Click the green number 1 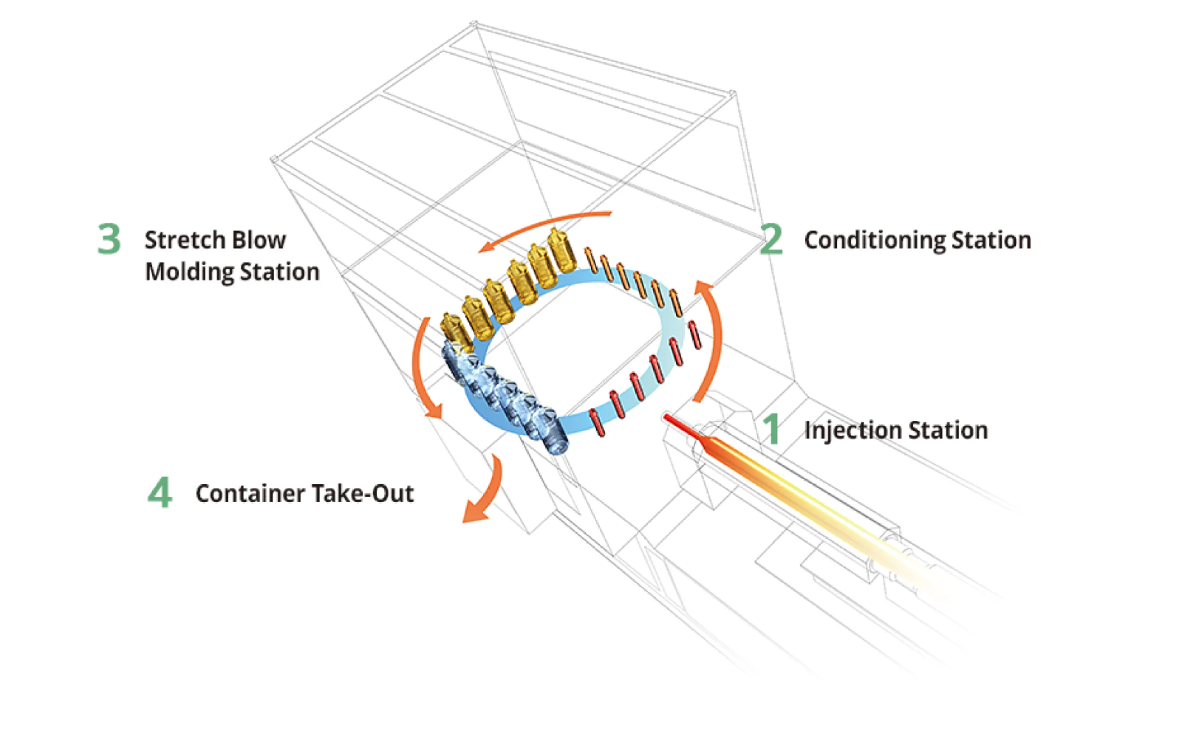click(x=772, y=429)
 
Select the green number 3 click(x=109, y=239)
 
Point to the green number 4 click(x=160, y=493)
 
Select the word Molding click(x=188, y=272)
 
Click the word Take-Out click(x=362, y=494)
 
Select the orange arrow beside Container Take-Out click(x=484, y=493)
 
